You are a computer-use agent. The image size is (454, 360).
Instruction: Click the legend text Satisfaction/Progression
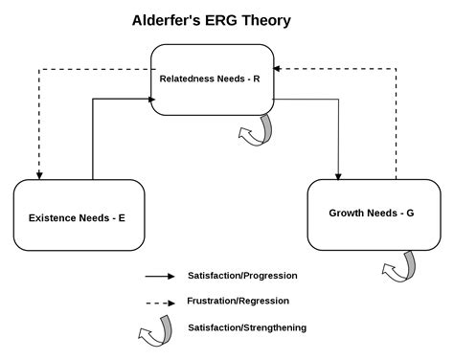coord(242,276)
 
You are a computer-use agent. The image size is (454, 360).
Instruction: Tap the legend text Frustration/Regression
coord(238,302)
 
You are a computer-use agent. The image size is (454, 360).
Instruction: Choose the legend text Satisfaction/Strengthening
coord(247,327)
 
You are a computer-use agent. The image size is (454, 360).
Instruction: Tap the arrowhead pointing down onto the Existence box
coord(38,175)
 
